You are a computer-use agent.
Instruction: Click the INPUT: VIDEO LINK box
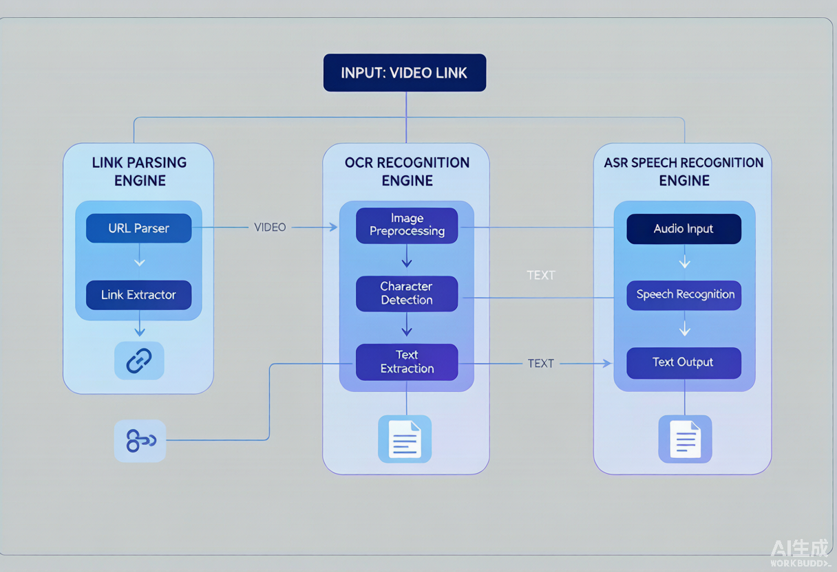[x=405, y=73]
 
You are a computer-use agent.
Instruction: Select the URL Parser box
[x=138, y=228]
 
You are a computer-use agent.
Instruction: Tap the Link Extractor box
[x=138, y=295]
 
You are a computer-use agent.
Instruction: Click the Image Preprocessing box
[x=407, y=225]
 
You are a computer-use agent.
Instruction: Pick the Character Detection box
[x=407, y=294]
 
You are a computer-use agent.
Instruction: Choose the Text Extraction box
[x=407, y=362]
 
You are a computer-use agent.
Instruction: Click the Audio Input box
[x=684, y=229]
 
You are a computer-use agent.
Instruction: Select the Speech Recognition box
[x=684, y=295]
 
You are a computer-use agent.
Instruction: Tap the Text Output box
[x=684, y=363]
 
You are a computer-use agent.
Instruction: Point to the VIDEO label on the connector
[x=270, y=228]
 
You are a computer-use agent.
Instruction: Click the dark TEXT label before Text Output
[x=541, y=364]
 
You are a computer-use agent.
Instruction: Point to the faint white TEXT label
[x=541, y=276]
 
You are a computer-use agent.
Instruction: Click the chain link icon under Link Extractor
[x=139, y=361]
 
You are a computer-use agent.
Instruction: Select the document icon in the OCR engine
[x=405, y=439]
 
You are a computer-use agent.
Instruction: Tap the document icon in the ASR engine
[x=685, y=439]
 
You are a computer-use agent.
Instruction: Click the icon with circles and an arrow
[x=140, y=441]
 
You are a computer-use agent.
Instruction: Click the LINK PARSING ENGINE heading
[x=139, y=172]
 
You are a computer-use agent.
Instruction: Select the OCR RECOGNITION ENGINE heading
[x=407, y=172]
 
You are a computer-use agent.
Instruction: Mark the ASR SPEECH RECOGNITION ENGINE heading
[x=684, y=172]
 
